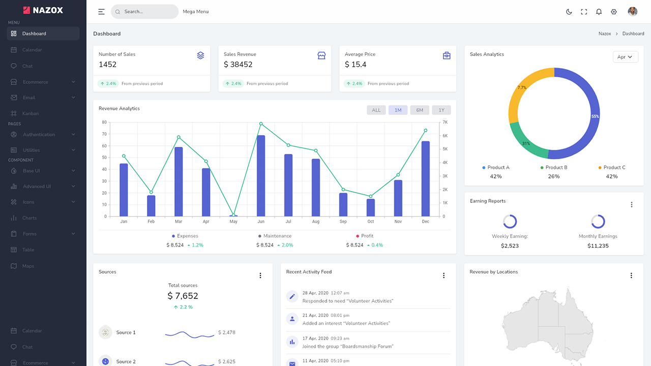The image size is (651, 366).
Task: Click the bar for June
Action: pos(261,176)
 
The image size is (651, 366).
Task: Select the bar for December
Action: pos(426,179)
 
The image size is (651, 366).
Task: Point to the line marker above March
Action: pos(179,137)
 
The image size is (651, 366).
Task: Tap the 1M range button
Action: pos(398,110)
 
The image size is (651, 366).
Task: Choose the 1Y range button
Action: pos(441,110)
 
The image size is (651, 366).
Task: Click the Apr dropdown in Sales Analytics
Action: pos(625,57)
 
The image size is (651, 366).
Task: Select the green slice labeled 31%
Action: pos(526,142)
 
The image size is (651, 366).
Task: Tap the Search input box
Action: pos(145,12)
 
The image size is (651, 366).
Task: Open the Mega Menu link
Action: pos(196,12)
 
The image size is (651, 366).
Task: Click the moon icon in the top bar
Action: pos(569,12)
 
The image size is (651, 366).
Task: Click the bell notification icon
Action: pos(599,12)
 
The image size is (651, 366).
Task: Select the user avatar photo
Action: pos(633,12)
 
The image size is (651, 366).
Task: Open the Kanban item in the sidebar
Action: pos(31,113)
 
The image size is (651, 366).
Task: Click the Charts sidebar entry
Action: pos(29,218)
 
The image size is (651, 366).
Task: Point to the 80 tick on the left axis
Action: pos(104,123)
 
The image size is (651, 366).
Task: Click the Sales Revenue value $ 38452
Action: pos(238,65)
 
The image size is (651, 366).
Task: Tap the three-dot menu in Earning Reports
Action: pos(632,205)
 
